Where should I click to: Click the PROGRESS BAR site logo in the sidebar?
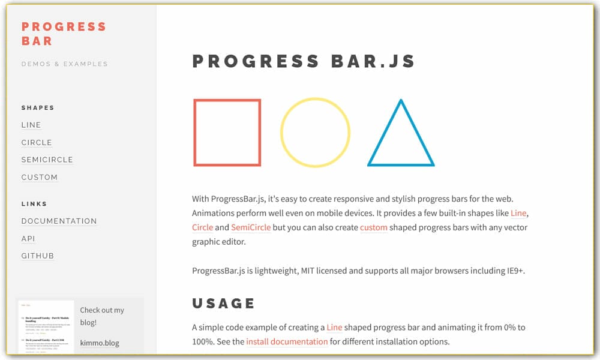pyautogui.click(x=64, y=34)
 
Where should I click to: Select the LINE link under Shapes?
pyautogui.click(x=31, y=125)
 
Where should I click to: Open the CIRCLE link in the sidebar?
pyautogui.click(x=37, y=143)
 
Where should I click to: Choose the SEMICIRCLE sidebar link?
pyautogui.click(x=47, y=160)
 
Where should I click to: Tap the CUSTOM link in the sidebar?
pyautogui.click(x=40, y=178)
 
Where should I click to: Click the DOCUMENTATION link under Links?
pyautogui.click(x=59, y=221)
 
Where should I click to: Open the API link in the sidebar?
pyautogui.click(x=28, y=239)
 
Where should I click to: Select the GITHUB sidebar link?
pyautogui.click(x=38, y=256)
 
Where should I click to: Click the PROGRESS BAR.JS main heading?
pyautogui.click(x=304, y=61)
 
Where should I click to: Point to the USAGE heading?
pyautogui.click(x=224, y=304)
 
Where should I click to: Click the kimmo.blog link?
pyautogui.click(x=100, y=343)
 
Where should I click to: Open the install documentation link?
pyautogui.click(x=287, y=342)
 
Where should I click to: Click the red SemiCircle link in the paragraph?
pyautogui.click(x=251, y=227)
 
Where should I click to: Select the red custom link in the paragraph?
pyautogui.click(x=373, y=227)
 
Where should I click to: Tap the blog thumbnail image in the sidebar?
pyautogui.click(x=46, y=327)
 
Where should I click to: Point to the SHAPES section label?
pyautogui.click(x=38, y=108)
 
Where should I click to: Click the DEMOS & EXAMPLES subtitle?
pyautogui.click(x=65, y=64)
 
